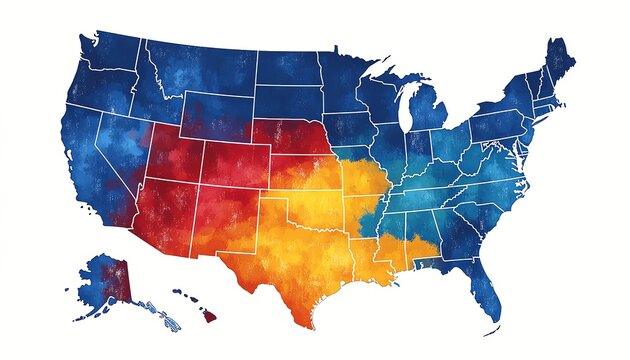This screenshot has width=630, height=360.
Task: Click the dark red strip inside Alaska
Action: coord(123,280)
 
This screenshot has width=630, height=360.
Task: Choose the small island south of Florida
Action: coord(492,331)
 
